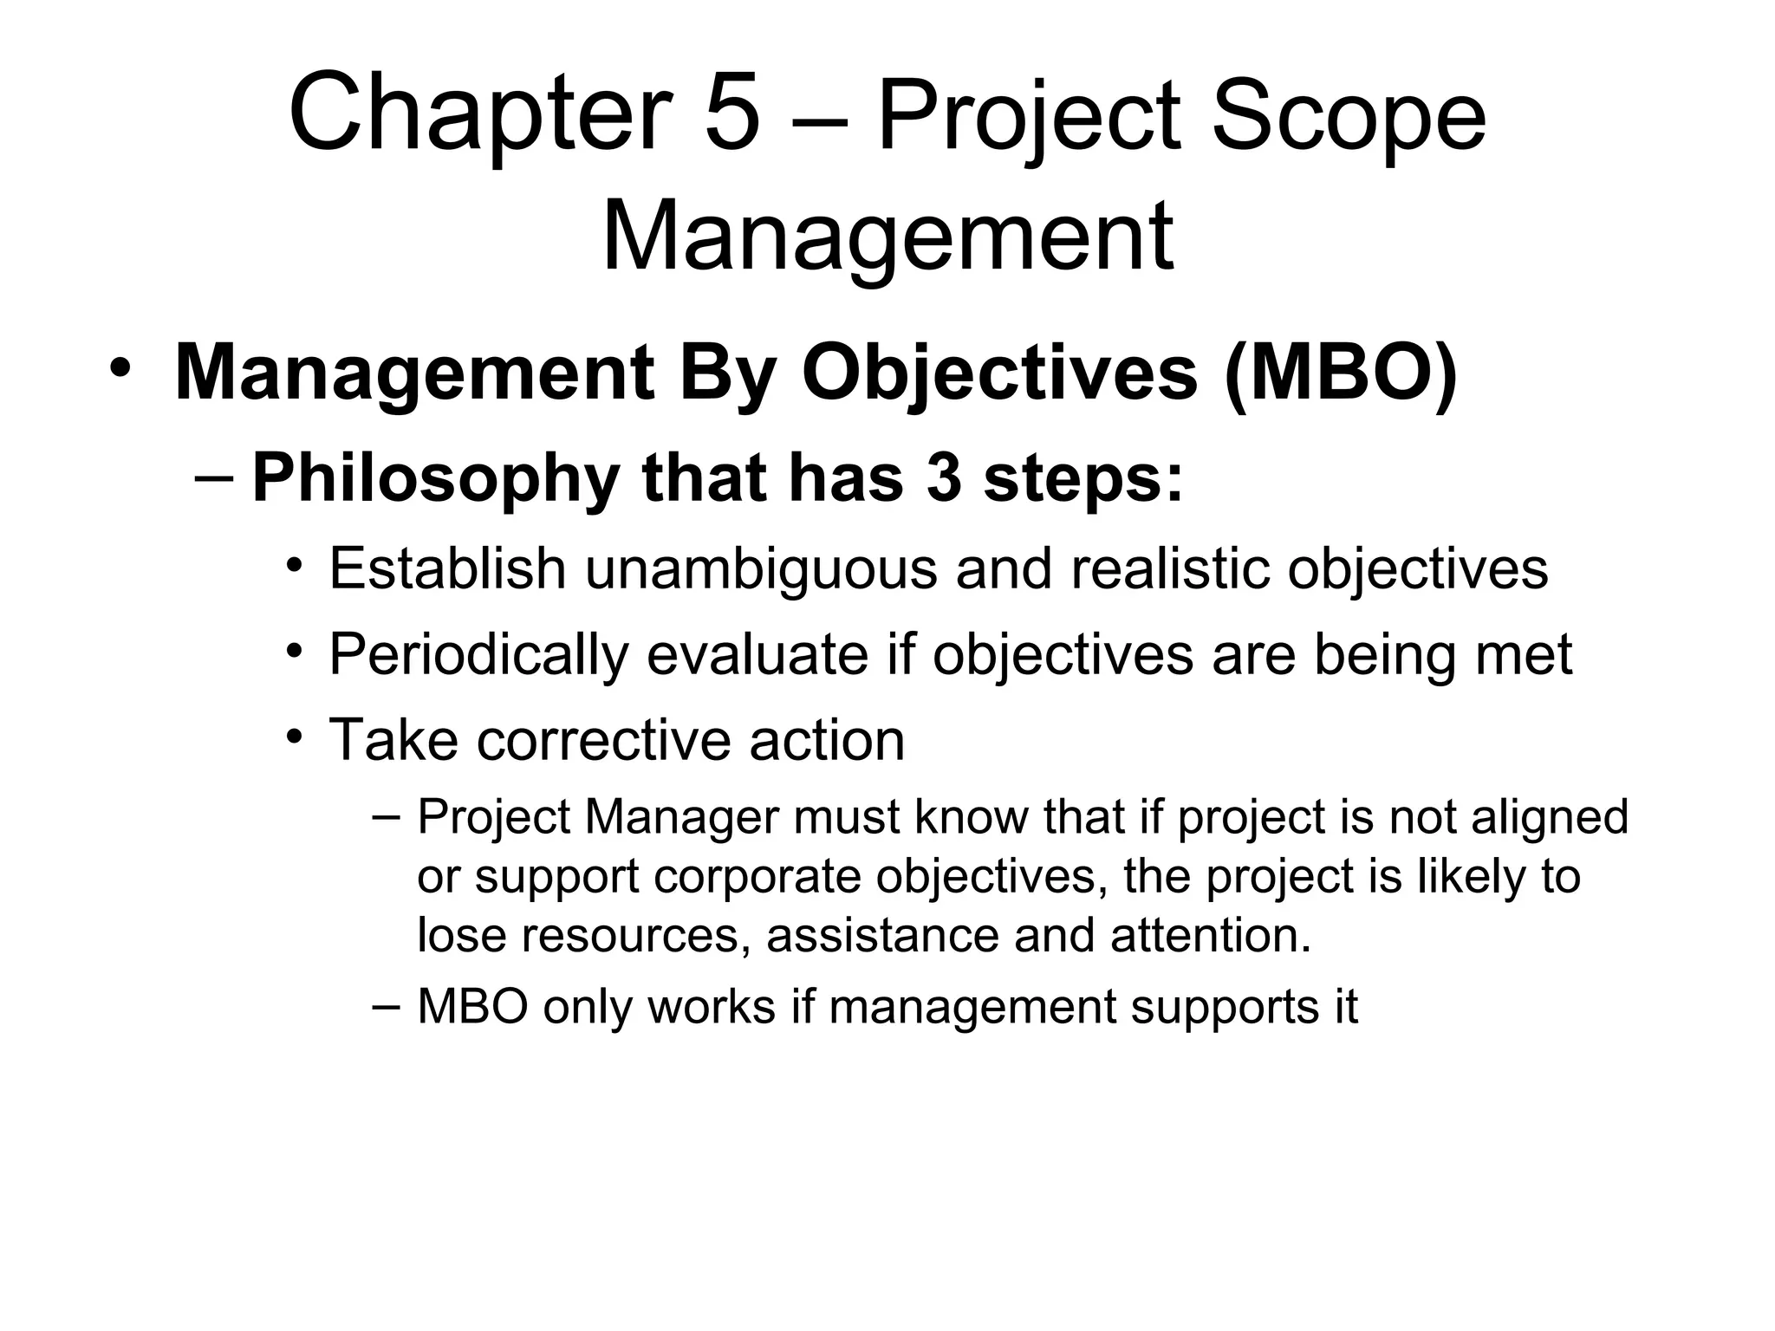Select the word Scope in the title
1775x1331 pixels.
pos(1349,115)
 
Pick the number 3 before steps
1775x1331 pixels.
pos(944,477)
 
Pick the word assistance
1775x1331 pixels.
pos(883,936)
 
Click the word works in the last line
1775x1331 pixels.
pos(711,1007)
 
